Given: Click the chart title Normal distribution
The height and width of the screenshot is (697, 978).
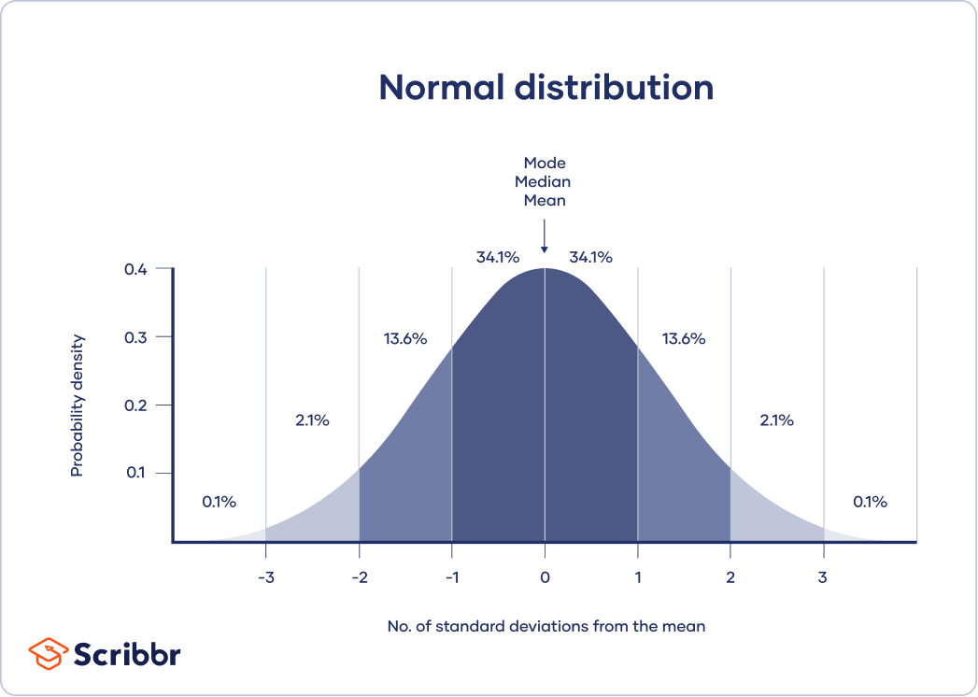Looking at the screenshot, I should [x=546, y=87].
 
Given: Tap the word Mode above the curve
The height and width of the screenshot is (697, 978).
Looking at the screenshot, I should [x=545, y=163].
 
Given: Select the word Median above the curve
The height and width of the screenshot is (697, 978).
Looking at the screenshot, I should [x=545, y=181].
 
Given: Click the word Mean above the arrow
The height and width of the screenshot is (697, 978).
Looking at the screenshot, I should [x=545, y=200].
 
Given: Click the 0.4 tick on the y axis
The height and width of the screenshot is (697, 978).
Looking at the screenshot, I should [x=136, y=269].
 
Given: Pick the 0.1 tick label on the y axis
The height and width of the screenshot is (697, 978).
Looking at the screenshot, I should [x=136, y=473].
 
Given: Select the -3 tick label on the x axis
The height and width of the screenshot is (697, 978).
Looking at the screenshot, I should [x=265, y=576].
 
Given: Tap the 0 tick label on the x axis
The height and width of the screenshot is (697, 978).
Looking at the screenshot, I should [x=545, y=576].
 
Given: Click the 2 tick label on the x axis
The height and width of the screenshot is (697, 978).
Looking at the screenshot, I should [x=730, y=576].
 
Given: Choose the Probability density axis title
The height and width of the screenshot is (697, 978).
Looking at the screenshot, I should [x=78, y=405].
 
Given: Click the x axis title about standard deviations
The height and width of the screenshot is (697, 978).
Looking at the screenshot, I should [x=546, y=626].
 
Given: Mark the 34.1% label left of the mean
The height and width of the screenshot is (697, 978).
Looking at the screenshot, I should [x=497, y=257].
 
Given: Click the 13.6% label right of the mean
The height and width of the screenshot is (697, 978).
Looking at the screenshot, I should [x=684, y=339].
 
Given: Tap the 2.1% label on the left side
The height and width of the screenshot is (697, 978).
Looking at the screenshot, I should [x=312, y=420].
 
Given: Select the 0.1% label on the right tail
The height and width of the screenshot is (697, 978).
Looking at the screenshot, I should [x=870, y=502].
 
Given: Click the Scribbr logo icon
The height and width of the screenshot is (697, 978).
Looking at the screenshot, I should [x=47, y=652].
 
